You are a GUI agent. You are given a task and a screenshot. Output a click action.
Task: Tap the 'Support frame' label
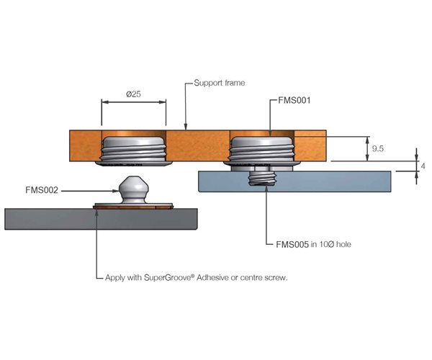[220, 83]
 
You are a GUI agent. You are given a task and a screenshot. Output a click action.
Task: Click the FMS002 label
[41, 190]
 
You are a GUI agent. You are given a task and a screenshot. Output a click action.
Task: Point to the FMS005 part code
[293, 244]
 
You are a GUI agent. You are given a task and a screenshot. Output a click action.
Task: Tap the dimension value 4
[423, 166]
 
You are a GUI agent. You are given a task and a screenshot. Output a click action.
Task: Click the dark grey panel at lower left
[43, 218]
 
